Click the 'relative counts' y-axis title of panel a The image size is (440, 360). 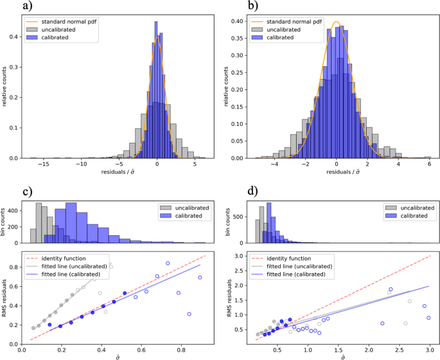(x=5, y=85)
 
